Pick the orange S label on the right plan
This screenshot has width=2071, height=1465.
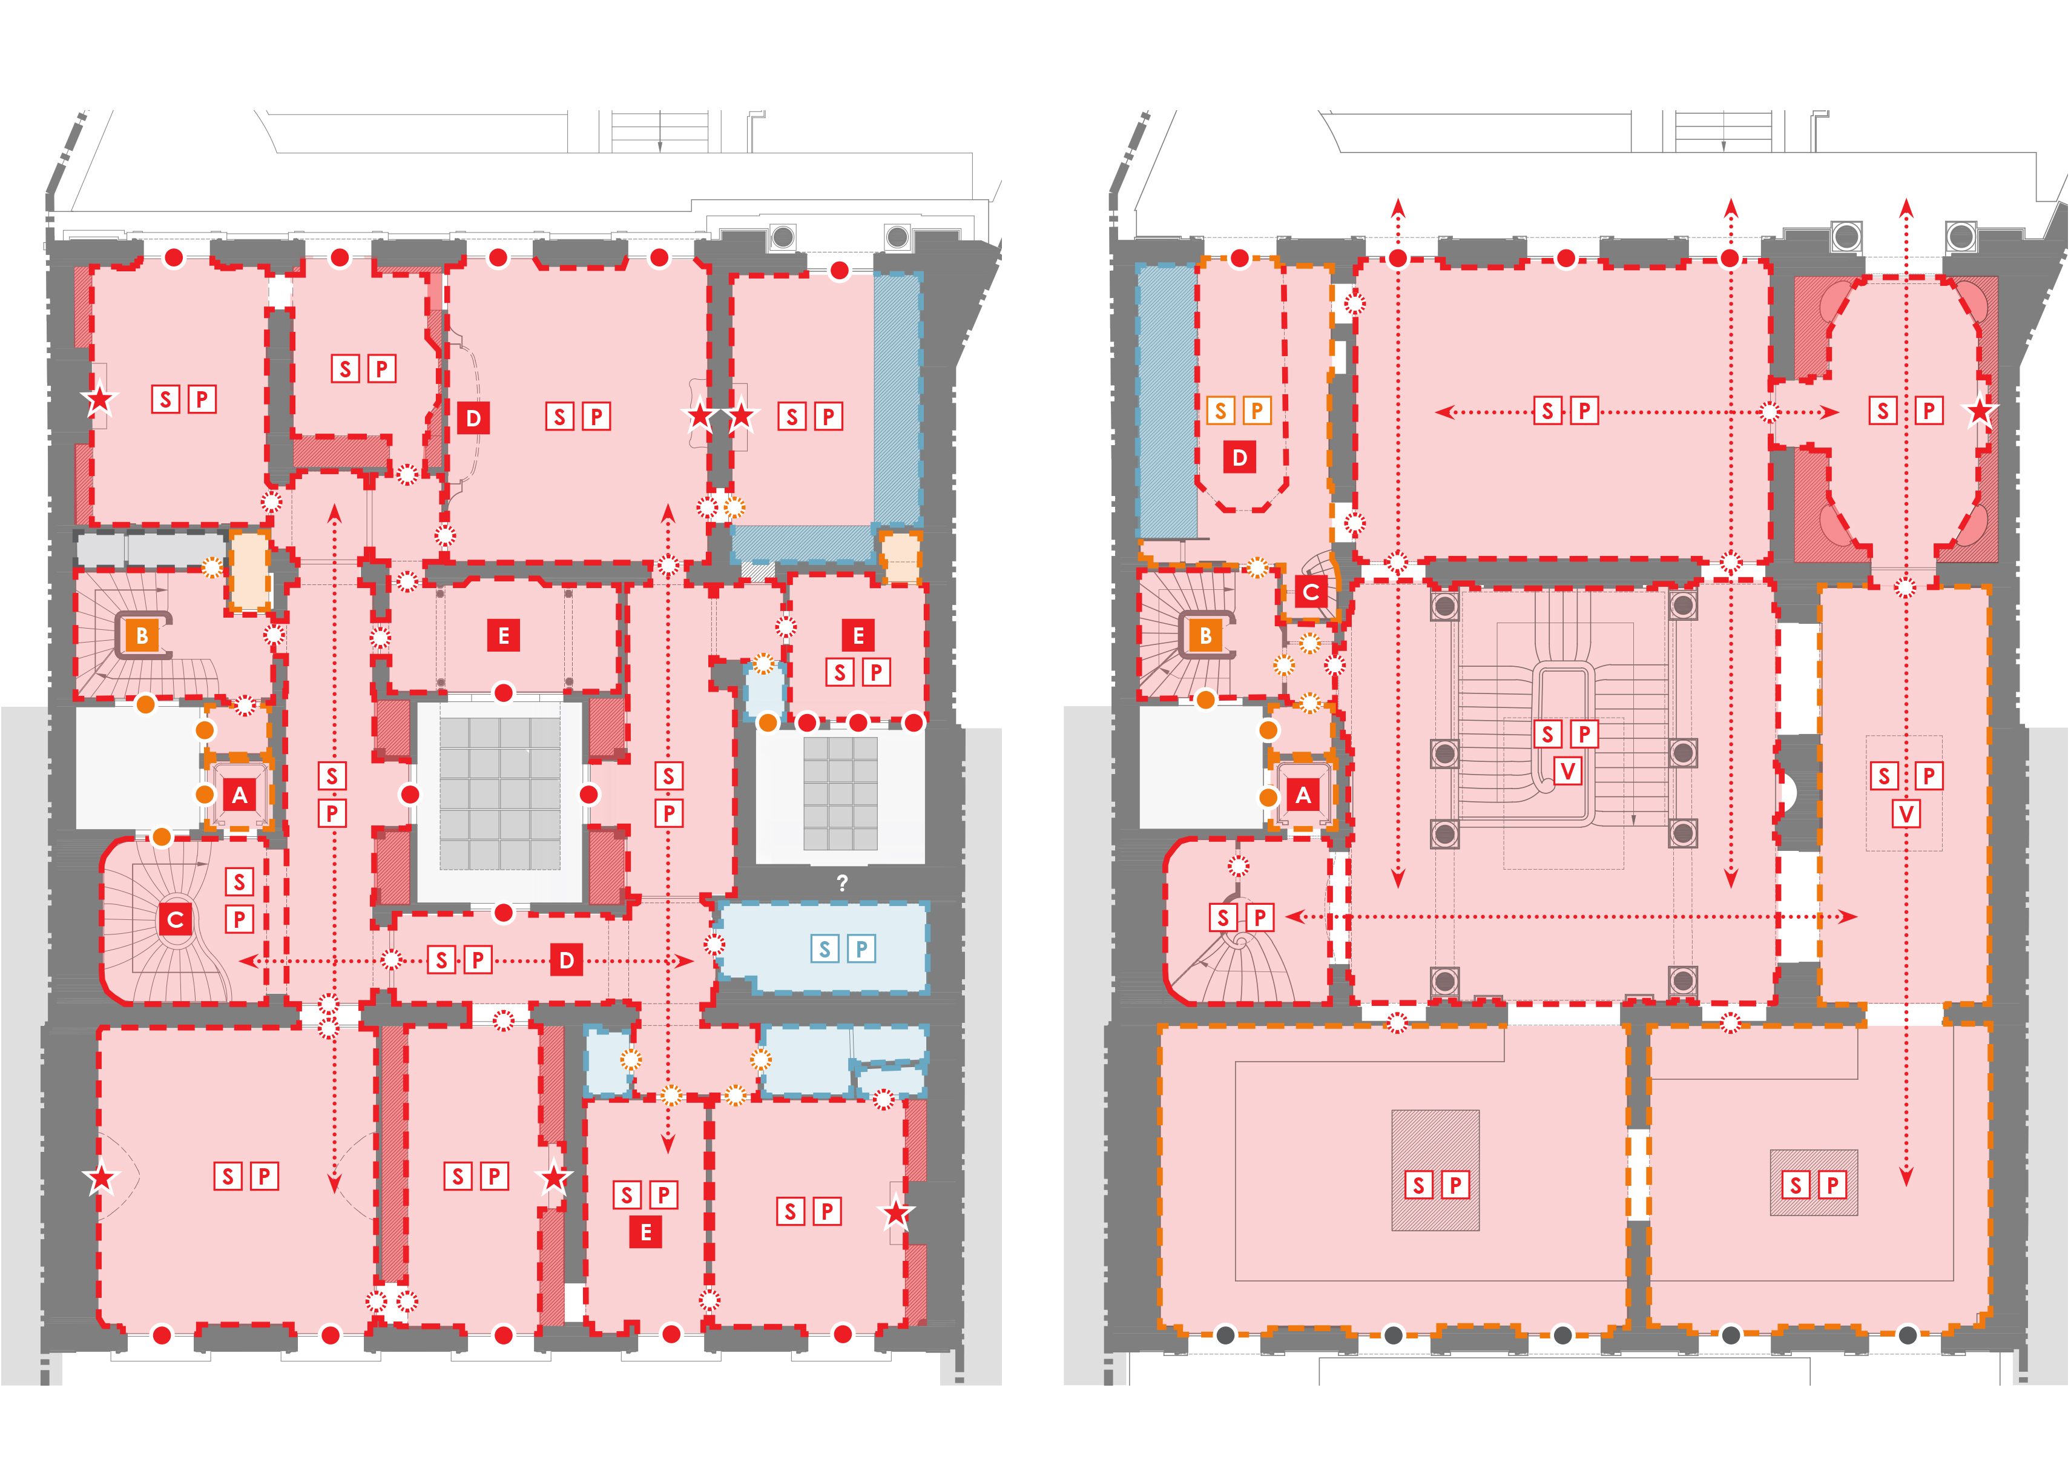pyautogui.click(x=1221, y=411)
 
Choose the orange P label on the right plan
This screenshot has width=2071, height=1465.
pyautogui.click(x=1257, y=411)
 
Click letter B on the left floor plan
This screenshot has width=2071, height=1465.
pyautogui.click(x=142, y=635)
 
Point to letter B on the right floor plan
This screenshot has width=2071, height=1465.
pyautogui.click(x=1205, y=635)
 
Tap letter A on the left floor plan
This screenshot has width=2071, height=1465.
pyautogui.click(x=239, y=795)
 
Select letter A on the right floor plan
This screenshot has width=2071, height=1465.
pyautogui.click(x=1303, y=795)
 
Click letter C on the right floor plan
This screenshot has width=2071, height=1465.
pyautogui.click(x=1311, y=592)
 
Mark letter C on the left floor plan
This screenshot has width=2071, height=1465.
pyautogui.click(x=176, y=919)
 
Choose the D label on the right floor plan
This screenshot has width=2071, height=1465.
pyautogui.click(x=1239, y=457)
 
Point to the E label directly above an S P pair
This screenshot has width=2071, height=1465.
pyautogui.click(x=858, y=635)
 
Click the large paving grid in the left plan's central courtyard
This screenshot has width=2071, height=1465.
pyautogui.click(x=501, y=793)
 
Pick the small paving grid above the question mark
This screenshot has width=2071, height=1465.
pyautogui.click(x=840, y=793)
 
